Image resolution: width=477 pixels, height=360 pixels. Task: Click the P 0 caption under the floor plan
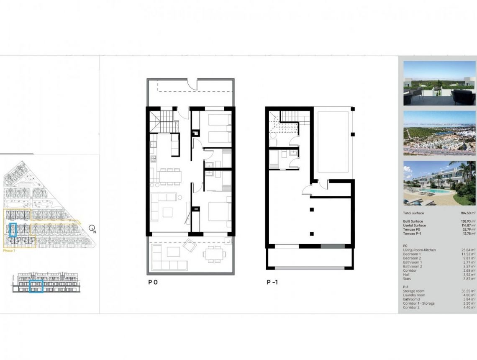coord(153,282)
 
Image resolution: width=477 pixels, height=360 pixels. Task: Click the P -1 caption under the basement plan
coord(272,282)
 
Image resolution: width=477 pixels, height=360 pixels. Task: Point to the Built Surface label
coord(413,221)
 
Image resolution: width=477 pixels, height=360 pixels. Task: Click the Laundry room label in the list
coord(414,295)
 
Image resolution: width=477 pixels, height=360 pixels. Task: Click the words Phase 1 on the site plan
coord(9,250)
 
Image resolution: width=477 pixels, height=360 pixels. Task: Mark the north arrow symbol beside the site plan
coord(92,229)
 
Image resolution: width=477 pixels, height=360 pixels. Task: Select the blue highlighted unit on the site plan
coord(13,230)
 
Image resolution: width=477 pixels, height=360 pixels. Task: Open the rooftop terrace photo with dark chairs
coord(439,83)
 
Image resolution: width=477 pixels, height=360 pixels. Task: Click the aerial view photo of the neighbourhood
coord(439,133)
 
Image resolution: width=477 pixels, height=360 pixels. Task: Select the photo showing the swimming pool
coord(439,183)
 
